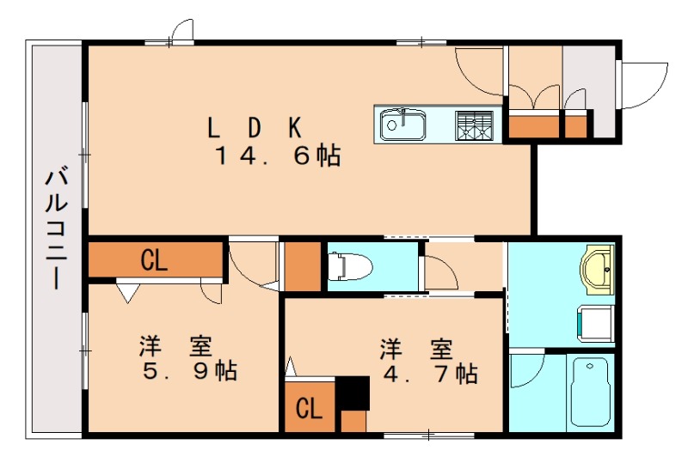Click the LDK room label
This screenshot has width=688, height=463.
pos(254,128)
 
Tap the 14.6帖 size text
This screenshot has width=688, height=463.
pos(277,156)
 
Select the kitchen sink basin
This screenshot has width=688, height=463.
pos(401,125)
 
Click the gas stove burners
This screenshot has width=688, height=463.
pos(476,125)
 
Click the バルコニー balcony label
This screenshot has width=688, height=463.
pos(58,230)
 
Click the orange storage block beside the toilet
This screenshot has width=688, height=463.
pos(301,267)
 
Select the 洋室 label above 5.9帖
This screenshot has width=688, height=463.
pos(176,347)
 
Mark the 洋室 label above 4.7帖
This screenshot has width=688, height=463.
pos(417,350)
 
